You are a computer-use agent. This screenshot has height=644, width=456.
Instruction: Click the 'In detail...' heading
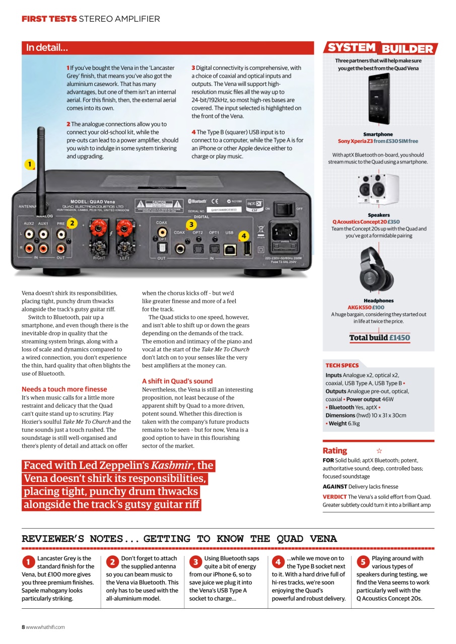click(x=47, y=48)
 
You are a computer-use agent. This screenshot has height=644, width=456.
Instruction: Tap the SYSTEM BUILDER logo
click(x=380, y=48)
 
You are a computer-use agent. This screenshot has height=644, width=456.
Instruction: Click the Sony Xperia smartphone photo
click(x=378, y=100)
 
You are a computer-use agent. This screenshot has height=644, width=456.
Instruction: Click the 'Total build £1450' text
click(x=379, y=338)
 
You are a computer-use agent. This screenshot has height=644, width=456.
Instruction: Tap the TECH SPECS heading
click(x=342, y=365)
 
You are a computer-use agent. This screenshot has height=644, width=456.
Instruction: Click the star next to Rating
click(x=379, y=451)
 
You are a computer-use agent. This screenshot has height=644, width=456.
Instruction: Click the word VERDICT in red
click(x=335, y=497)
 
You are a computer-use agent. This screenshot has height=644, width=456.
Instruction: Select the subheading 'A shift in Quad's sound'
click(x=177, y=381)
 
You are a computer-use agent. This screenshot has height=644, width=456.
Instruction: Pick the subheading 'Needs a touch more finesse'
click(x=64, y=389)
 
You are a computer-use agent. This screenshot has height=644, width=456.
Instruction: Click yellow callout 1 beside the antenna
click(x=30, y=164)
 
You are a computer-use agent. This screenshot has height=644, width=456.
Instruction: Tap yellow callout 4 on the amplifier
click(x=244, y=235)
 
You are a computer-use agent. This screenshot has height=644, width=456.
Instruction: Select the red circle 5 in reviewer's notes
click(x=362, y=561)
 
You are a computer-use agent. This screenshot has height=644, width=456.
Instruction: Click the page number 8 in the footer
click(x=23, y=627)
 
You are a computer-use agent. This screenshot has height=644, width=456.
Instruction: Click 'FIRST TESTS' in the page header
click(x=49, y=19)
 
